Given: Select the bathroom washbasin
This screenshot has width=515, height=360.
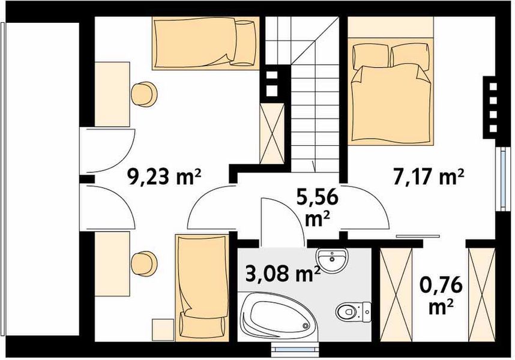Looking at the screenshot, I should point(331,260).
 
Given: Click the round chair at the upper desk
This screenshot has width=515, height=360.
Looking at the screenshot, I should point(144,95).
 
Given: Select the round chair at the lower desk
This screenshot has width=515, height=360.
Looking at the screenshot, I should point(144,263).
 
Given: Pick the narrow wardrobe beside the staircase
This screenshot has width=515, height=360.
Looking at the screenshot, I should point(271,132).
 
